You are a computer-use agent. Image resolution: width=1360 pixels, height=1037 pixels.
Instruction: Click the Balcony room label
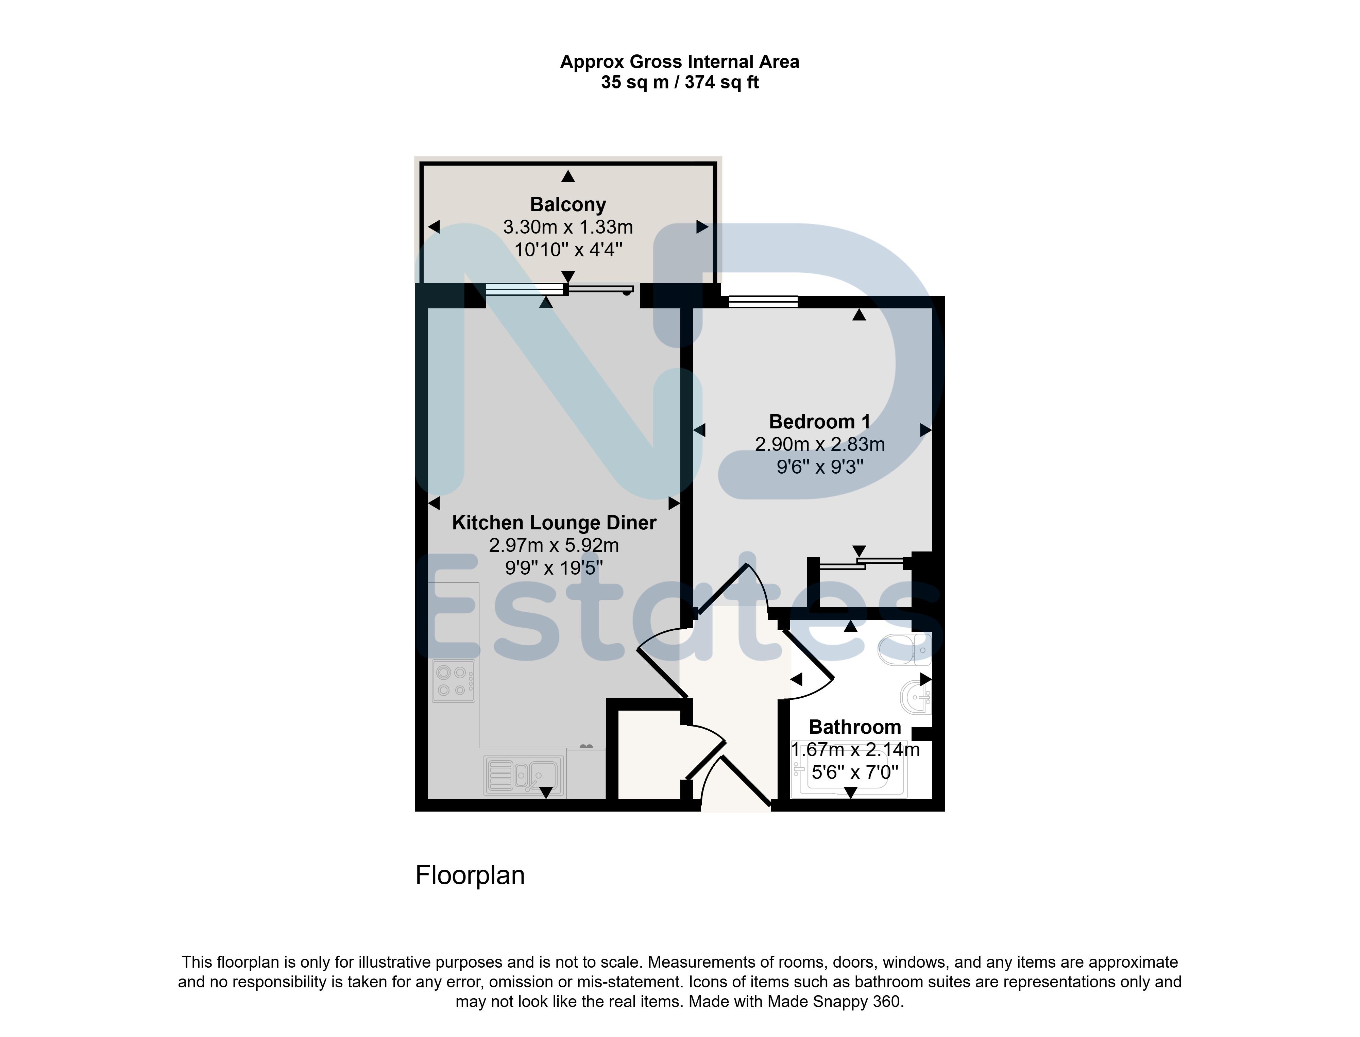pyautogui.click(x=568, y=204)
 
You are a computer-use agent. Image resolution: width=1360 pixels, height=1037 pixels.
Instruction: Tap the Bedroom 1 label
pyautogui.click(x=820, y=422)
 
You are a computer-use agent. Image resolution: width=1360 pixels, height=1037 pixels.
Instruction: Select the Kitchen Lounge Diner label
pyautogui.click(x=554, y=523)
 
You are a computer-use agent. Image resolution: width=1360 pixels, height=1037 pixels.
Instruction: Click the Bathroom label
pyautogui.click(x=855, y=727)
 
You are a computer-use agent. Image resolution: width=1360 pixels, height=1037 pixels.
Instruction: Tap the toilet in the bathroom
pyautogui.click(x=904, y=649)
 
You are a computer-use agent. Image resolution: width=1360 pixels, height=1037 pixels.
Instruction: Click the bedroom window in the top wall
pyautogui.click(x=763, y=302)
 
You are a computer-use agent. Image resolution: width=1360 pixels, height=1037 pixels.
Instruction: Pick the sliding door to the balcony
pyautogui.click(x=559, y=289)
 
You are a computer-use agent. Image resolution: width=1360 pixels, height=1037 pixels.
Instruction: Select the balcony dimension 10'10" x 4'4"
pyautogui.click(x=568, y=250)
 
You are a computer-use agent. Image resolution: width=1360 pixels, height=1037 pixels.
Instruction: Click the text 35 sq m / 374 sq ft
pyautogui.click(x=680, y=82)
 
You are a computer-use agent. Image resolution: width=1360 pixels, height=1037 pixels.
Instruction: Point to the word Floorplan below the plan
pyautogui.click(x=470, y=875)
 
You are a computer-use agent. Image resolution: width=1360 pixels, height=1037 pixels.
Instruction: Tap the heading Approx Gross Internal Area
pyautogui.click(x=680, y=62)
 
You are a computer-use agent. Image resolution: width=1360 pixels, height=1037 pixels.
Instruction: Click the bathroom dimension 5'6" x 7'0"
pyautogui.click(x=855, y=772)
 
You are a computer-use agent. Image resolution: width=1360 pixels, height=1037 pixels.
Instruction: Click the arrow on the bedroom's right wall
pyautogui.click(x=925, y=430)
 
